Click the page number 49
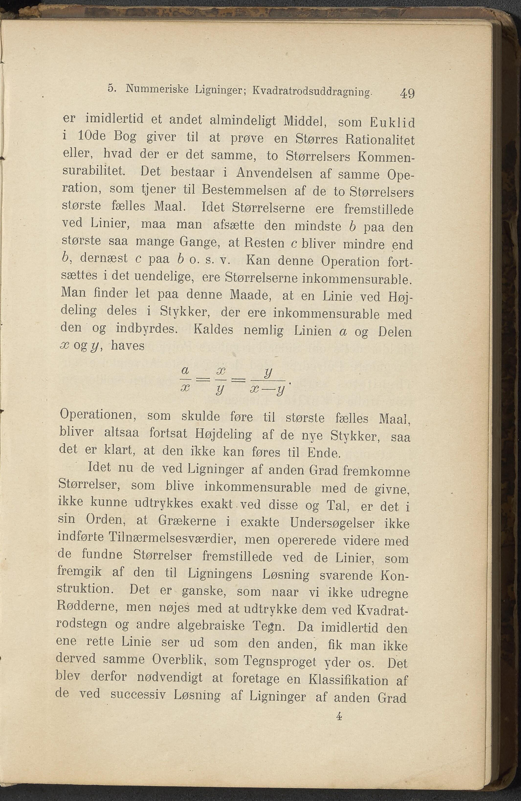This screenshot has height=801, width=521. (407, 93)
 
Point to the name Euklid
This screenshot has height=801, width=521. (392, 123)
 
